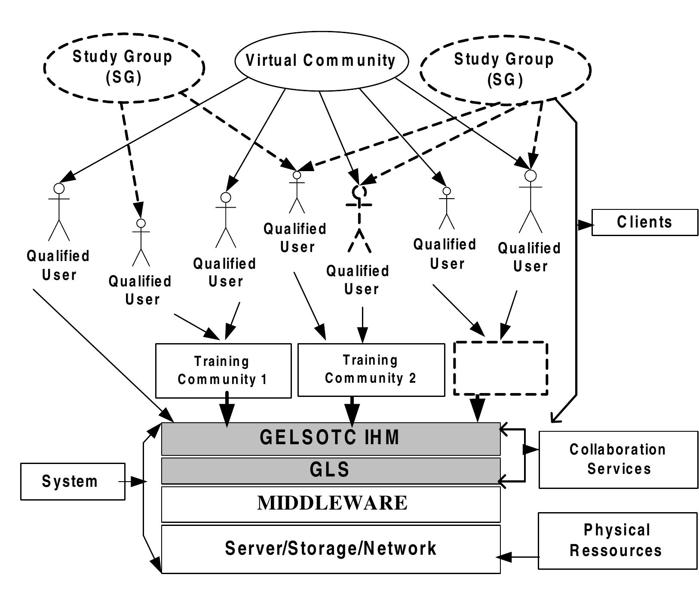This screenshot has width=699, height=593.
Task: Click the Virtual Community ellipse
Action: pyautogui.click(x=321, y=61)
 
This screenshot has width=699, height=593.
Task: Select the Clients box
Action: pyautogui.click(x=644, y=222)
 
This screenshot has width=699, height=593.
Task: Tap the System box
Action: pyautogui.click(x=73, y=481)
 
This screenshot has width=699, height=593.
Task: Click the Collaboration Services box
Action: pyautogui.click(x=618, y=459)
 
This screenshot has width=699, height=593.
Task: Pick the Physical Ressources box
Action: pyautogui.click(x=617, y=541)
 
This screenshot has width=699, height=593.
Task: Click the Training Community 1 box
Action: pyautogui.click(x=223, y=370)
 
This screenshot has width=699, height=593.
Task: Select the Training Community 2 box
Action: pyautogui.click(x=371, y=369)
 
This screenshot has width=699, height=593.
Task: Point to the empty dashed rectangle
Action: pyautogui.click(x=501, y=368)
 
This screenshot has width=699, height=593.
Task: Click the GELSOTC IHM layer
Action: pyautogui.click(x=331, y=439)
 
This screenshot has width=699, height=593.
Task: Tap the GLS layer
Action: pyautogui.click(x=331, y=470)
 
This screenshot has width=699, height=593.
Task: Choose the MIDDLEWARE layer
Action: pyautogui.click(x=331, y=504)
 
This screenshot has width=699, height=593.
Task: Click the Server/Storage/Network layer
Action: pyautogui.click(x=331, y=549)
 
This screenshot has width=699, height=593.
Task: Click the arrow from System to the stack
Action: pyautogui.click(x=133, y=482)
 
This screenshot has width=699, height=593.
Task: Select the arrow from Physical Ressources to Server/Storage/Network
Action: pyautogui.click(x=518, y=557)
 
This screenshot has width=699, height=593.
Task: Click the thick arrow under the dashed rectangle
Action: pyautogui.click(x=477, y=409)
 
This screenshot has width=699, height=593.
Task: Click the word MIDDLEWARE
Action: pyautogui.click(x=332, y=503)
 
